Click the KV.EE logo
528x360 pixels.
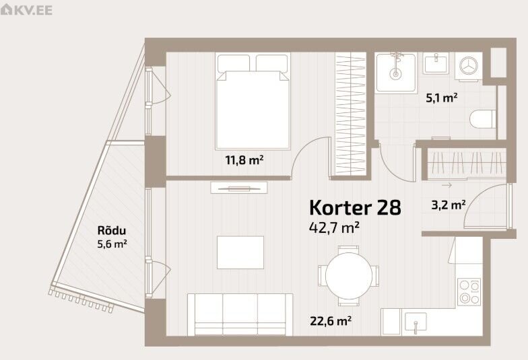tap(27, 9)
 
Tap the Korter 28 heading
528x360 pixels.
tap(355, 207)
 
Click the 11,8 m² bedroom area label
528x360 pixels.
tap(244, 160)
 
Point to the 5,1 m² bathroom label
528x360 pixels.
tap(442, 98)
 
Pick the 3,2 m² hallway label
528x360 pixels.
tap(449, 205)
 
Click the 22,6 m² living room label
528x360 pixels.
tap(331, 320)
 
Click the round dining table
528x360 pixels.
tap(349, 276)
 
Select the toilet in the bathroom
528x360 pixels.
tap(483, 118)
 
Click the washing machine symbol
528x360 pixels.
tap(469, 66)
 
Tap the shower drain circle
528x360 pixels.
tap(395, 74)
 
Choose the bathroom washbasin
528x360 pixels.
tap(436, 63)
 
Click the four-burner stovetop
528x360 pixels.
tap(469, 292)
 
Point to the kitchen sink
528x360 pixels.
tap(416, 322)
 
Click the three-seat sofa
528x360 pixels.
tap(240, 314)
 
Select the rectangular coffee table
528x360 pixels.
tap(240, 252)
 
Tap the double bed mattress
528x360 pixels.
tap(253, 110)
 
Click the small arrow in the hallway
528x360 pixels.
tap(447, 185)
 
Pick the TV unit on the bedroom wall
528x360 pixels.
tap(239, 188)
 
